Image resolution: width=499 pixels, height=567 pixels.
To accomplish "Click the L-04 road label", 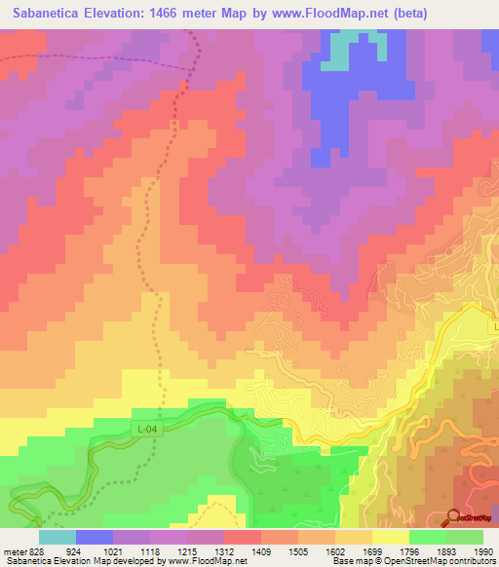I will click(x=145, y=428).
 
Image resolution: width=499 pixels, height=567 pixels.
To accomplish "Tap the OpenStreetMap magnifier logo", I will click(x=451, y=517).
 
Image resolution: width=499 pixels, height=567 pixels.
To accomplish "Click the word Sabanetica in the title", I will click(x=50, y=15).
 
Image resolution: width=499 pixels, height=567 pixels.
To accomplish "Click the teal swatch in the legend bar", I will click(x=58, y=537).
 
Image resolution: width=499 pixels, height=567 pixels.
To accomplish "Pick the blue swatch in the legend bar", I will click(x=95, y=537).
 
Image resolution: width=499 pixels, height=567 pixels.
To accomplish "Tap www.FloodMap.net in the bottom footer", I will click(x=195, y=561).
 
